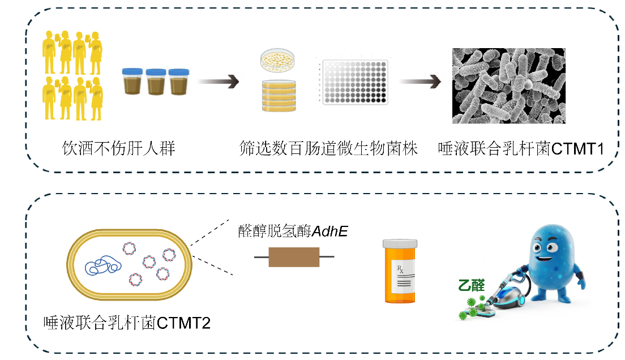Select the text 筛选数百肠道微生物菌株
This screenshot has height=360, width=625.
point(328,149)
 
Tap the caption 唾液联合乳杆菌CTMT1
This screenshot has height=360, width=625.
point(521,149)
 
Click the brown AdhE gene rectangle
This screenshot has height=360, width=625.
point(294,258)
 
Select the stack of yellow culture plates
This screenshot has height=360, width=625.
point(279,96)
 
